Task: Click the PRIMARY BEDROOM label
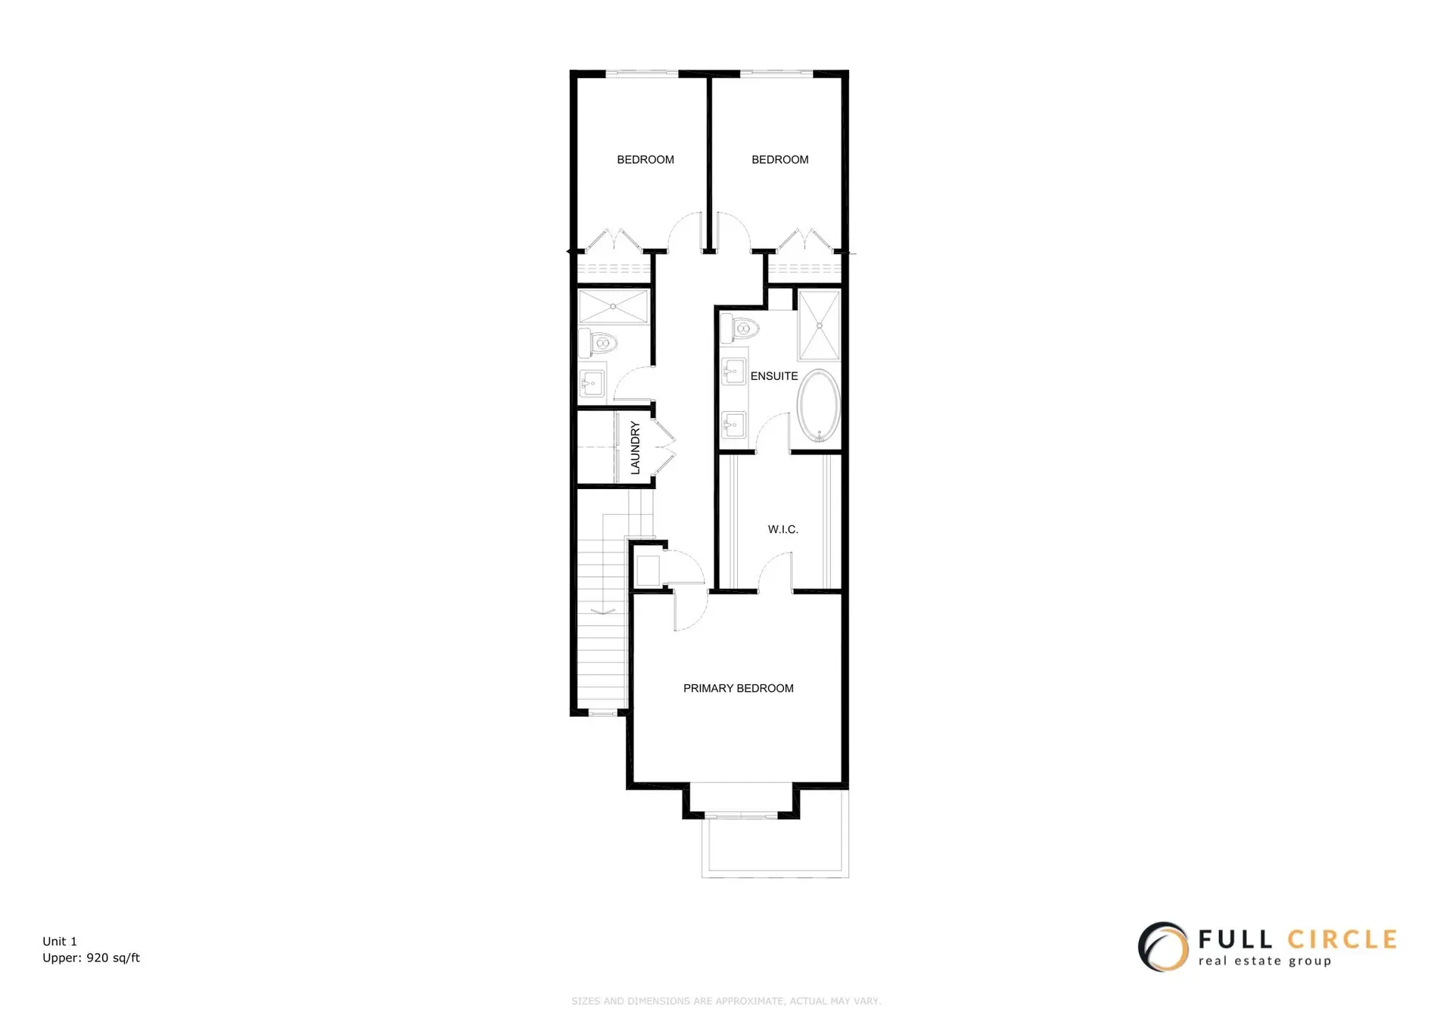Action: point(738,688)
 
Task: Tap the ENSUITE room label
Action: point(773,376)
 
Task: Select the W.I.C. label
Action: point(783,529)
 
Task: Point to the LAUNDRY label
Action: point(635,448)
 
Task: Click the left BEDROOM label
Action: point(645,160)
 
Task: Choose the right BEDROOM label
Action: point(779,160)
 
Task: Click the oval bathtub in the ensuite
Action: point(818,406)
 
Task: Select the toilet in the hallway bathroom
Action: point(599,344)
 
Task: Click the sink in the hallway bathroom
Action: point(592,383)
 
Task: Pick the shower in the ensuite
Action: point(819,326)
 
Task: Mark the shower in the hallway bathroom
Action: point(613,307)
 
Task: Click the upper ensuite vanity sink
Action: point(733,371)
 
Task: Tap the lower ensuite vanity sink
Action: point(733,425)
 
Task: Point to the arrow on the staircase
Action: point(603,609)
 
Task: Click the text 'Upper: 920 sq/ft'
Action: point(91,958)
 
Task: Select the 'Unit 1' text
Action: point(60,942)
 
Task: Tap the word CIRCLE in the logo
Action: point(1341,940)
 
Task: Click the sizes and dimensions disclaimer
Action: point(726,1001)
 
